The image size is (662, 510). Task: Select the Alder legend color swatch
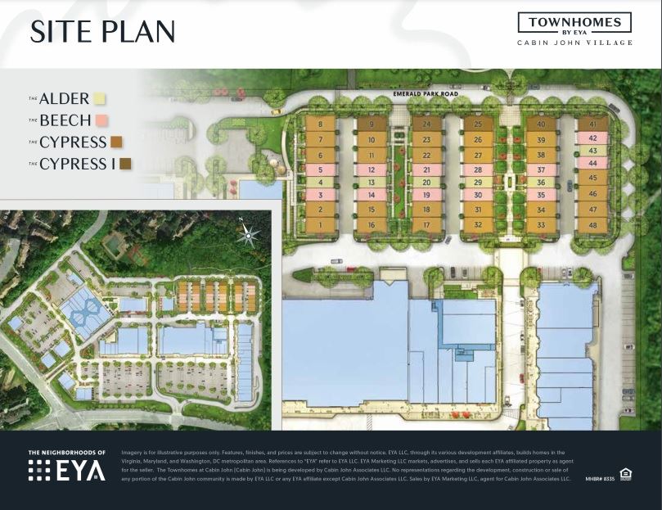pyautogui.click(x=99, y=99)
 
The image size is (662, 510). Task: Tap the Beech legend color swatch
pyautogui.click(x=101, y=120)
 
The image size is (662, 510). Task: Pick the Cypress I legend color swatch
pyautogui.click(x=125, y=164)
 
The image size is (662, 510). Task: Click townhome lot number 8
pyautogui.click(x=320, y=125)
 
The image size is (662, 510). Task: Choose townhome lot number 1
pyautogui.click(x=320, y=224)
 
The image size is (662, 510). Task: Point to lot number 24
pyautogui.click(x=426, y=125)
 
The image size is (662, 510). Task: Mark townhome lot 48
pyautogui.click(x=592, y=224)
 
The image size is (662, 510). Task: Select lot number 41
pyautogui.click(x=592, y=125)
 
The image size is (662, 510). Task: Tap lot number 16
pyautogui.click(x=372, y=224)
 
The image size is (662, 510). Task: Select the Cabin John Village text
pyautogui.click(x=574, y=43)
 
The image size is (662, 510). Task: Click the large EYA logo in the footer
pyautogui.click(x=67, y=470)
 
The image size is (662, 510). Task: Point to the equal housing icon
pyautogui.click(x=626, y=473)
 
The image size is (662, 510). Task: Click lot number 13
pyautogui.click(x=372, y=182)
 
